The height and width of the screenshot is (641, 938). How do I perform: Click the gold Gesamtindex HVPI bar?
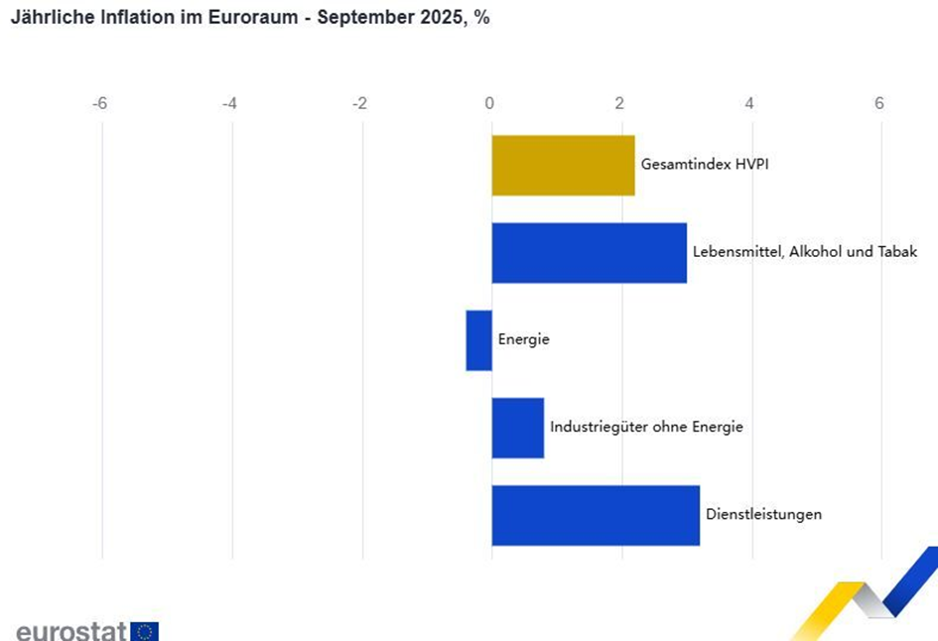coord(563,165)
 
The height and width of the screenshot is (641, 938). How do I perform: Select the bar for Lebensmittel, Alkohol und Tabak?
coord(589,252)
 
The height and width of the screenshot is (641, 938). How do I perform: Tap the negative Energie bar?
coord(478,340)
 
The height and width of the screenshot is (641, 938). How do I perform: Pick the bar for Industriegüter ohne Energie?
coord(517,428)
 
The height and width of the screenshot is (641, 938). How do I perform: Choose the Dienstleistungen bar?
coord(596,515)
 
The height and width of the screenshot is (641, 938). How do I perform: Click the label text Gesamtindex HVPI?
coord(705,165)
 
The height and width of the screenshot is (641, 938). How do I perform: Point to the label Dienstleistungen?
coord(763,515)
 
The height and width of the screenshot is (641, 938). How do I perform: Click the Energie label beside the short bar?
coord(523,340)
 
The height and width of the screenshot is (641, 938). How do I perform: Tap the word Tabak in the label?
coord(896,252)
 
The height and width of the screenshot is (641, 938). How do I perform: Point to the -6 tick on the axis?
coord(99,103)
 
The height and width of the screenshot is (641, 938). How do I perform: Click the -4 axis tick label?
coord(229,103)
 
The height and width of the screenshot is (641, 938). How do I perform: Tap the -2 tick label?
coord(359,103)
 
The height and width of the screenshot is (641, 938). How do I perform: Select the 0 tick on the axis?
coord(489,103)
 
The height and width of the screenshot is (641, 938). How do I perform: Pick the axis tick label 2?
coord(619,103)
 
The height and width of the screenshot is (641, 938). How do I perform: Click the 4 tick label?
coord(749,103)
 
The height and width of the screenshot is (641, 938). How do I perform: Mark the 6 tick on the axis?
coord(879,103)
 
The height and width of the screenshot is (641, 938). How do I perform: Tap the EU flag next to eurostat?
coord(144,631)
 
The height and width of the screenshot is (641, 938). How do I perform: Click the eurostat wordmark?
coord(70,631)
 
